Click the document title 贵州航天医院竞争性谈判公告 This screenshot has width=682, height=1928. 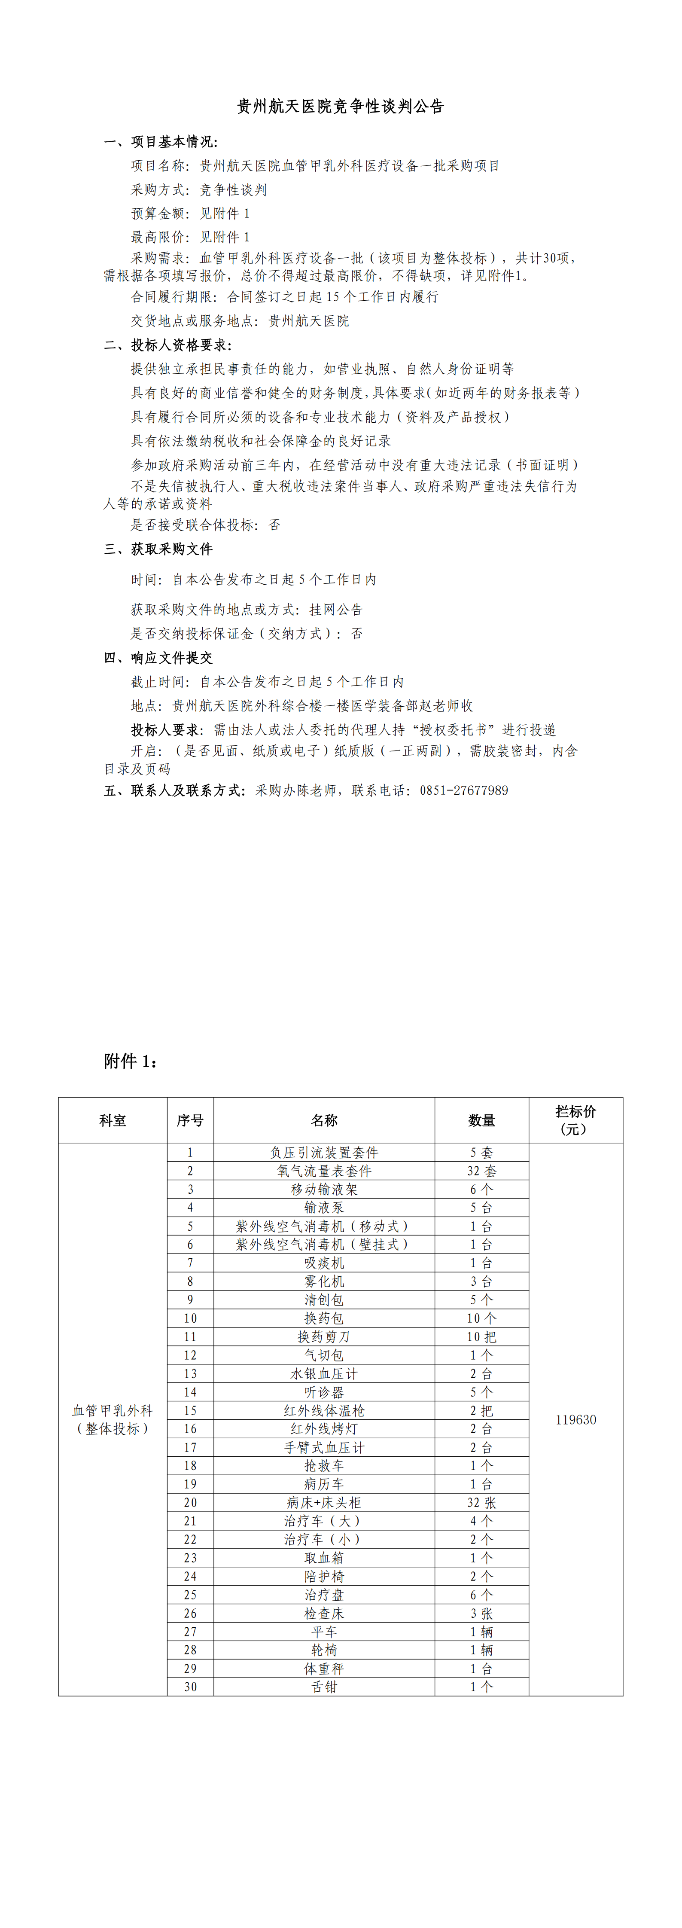(x=341, y=106)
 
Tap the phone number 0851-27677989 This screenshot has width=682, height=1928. (x=463, y=790)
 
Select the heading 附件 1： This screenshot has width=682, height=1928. (x=131, y=1061)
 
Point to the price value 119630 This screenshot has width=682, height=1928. (x=575, y=1420)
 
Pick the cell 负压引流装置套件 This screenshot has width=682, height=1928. (x=324, y=1153)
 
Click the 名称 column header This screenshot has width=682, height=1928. (x=324, y=1120)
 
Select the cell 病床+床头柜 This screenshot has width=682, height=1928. (x=324, y=1502)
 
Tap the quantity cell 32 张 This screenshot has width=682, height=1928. (x=481, y=1502)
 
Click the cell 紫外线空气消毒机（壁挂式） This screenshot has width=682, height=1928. (x=324, y=1245)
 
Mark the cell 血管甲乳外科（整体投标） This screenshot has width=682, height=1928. (x=112, y=1420)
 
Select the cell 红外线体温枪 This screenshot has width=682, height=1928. (x=324, y=1410)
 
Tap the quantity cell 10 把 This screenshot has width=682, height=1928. (x=481, y=1337)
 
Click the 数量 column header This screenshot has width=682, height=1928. (x=481, y=1120)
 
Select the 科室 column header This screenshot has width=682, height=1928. (x=112, y=1120)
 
